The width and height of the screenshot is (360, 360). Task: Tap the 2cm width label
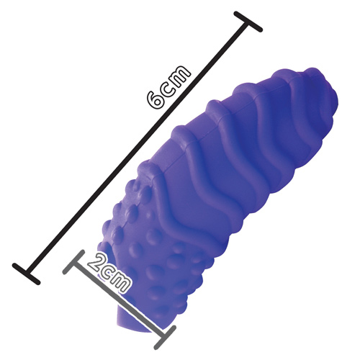(x=109, y=271)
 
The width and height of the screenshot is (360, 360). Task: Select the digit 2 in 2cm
(x=96, y=261)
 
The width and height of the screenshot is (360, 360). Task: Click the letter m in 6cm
(x=181, y=74)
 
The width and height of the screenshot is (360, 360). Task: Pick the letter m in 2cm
(x=122, y=282)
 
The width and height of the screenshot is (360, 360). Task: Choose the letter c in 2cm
(x=107, y=272)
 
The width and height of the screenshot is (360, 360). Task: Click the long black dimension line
(x=137, y=148)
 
